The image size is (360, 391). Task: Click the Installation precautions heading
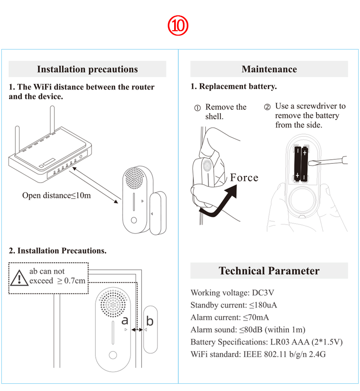(87, 69)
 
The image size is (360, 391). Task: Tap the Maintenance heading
(269, 69)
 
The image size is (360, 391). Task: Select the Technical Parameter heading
(269, 271)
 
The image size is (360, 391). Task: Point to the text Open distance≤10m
(56, 196)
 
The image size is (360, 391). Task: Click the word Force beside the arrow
(244, 178)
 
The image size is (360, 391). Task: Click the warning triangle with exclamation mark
(19, 277)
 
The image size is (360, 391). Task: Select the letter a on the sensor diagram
(125, 320)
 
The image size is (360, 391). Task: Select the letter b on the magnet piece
(150, 321)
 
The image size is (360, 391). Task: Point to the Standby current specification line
(234, 305)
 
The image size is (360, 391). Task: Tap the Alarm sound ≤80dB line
(248, 330)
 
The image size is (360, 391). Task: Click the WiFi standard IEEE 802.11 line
(258, 354)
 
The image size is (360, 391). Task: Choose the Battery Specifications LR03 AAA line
(266, 342)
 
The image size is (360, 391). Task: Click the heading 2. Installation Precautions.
(58, 251)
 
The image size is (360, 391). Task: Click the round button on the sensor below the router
(134, 221)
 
